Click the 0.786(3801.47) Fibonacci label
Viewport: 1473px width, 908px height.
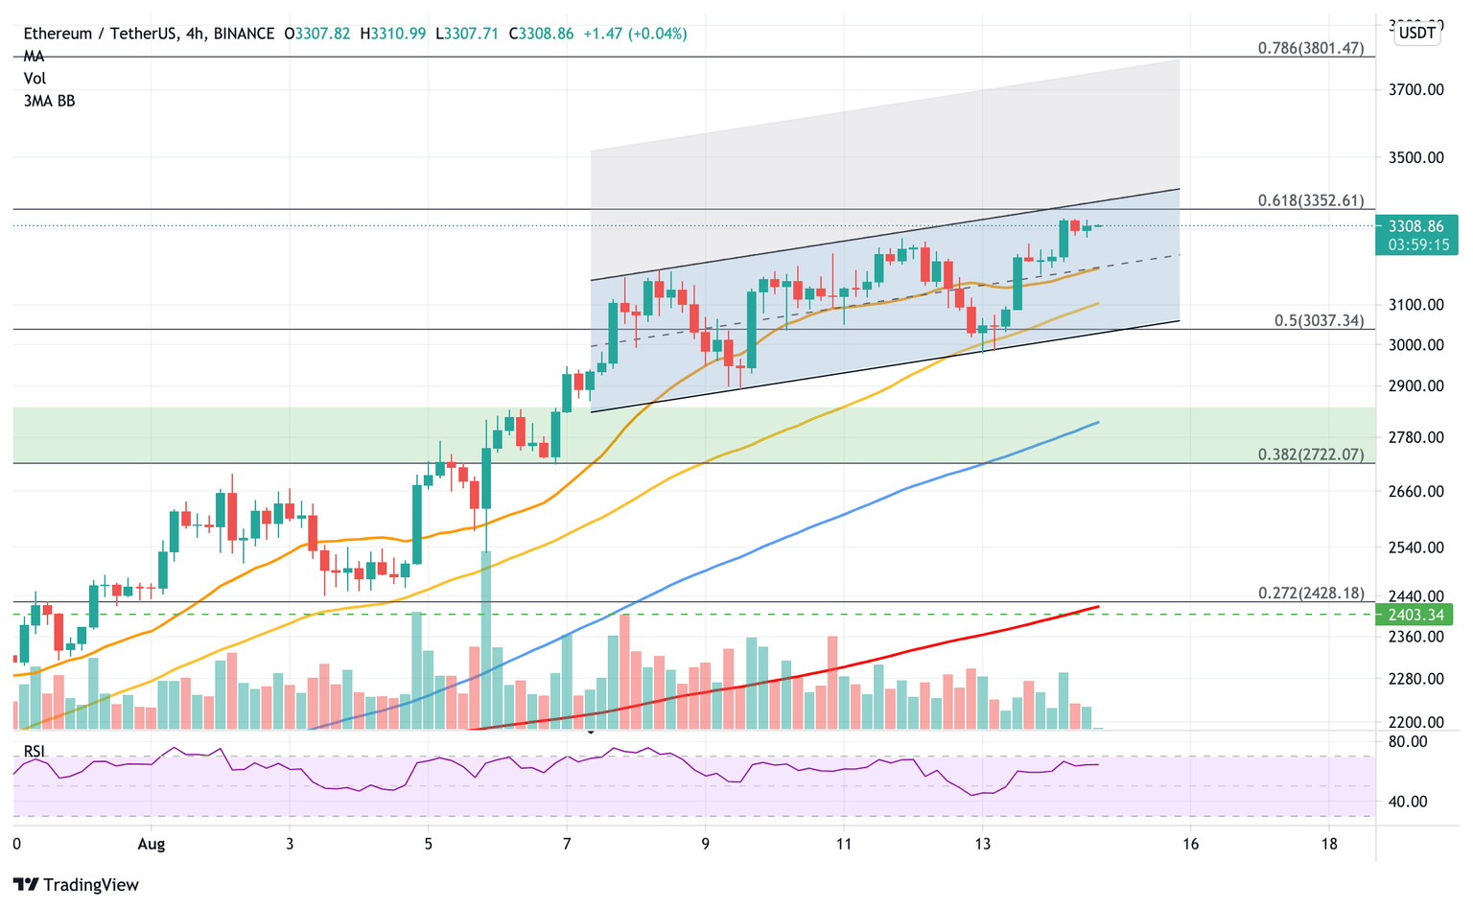pyautogui.click(x=1310, y=48)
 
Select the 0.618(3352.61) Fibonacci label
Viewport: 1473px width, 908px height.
pyautogui.click(x=1310, y=200)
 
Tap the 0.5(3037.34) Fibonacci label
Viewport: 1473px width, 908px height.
pyautogui.click(x=1319, y=320)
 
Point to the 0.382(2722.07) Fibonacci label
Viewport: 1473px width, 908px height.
pyautogui.click(x=1310, y=454)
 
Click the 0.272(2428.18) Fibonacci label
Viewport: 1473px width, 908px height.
pyautogui.click(x=1310, y=594)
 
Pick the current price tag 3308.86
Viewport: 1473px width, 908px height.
pyautogui.click(x=1415, y=227)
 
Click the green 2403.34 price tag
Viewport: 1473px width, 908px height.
pyautogui.click(x=1415, y=615)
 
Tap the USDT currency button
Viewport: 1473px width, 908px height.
pyautogui.click(x=1416, y=34)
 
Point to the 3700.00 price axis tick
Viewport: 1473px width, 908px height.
pyautogui.click(x=1416, y=90)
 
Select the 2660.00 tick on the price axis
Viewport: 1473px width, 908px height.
pyautogui.click(x=1416, y=492)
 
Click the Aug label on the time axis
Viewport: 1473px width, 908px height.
pyautogui.click(x=152, y=844)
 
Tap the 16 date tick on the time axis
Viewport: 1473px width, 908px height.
pyautogui.click(x=1190, y=844)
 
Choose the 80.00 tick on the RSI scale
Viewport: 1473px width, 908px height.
pyautogui.click(x=1407, y=742)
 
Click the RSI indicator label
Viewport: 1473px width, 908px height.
pyautogui.click(x=35, y=751)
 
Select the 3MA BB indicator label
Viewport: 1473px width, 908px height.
pyautogui.click(x=49, y=101)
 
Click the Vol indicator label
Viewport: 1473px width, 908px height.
pyautogui.click(x=35, y=79)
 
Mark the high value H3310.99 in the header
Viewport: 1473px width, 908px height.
pyautogui.click(x=393, y=34)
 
